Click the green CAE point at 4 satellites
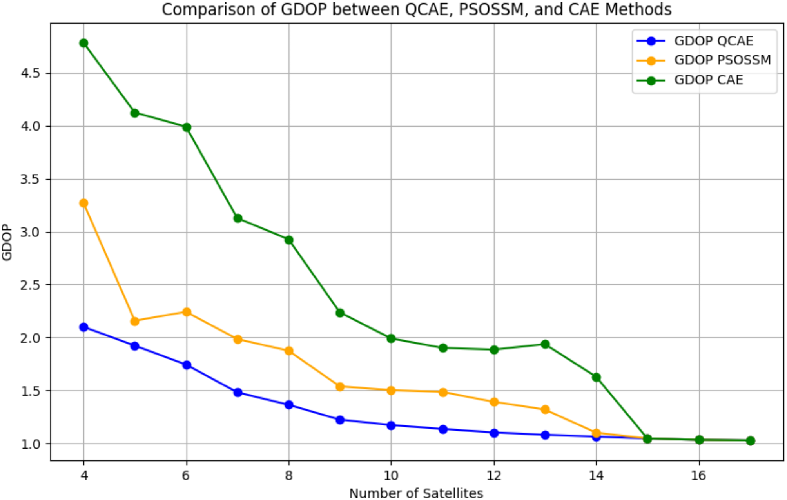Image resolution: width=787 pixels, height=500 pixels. [x=83, y=43]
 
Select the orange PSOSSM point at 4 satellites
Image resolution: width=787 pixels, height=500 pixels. [x=83, y=203]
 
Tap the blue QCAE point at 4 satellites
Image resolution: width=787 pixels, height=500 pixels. [x=83, y=327]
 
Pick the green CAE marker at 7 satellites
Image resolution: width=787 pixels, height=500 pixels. [x=238, y=218]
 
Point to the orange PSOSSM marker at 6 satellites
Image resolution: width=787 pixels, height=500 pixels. [x=187, y=312]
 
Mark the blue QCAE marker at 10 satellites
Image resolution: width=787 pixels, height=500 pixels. [x=391, y=425]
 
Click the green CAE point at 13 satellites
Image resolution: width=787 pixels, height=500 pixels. [x=545, y=344]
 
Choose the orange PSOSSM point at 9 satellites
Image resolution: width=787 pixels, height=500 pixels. [x=340, y=387]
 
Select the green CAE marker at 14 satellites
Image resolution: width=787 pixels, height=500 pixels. [x=596, y=377]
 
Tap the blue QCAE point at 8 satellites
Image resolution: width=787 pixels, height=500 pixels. [x=289, y=405]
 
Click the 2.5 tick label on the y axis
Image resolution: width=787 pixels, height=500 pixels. [x=30, y=285]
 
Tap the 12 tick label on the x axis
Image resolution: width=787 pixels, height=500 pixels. [x=494, y=476]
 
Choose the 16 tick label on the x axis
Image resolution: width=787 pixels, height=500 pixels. [x=699, y=476]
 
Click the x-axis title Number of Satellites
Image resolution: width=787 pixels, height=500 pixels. [x=416, y=493]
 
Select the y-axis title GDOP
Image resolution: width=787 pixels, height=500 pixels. [x=7, y=242]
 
